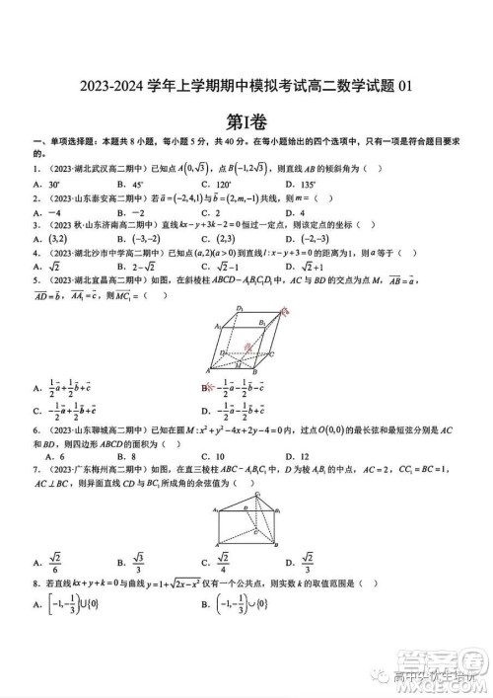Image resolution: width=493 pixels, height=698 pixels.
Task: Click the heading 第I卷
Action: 246,122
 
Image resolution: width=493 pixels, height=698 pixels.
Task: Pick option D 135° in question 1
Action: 299,184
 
